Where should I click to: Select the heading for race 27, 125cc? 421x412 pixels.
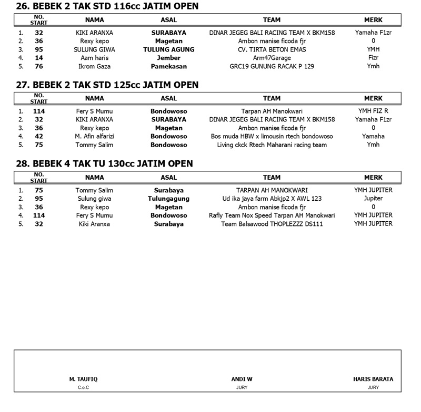tap(107, 85)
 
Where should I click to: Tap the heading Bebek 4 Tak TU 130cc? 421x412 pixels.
tap(104, 164)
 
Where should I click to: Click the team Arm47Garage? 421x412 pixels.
tap(272, 58)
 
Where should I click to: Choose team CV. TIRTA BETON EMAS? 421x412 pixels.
tap(272, 49)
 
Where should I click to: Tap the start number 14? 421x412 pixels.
tap(39, 58)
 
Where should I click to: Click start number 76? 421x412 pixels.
tap(39, 66)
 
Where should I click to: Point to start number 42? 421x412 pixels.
tap(39, 137)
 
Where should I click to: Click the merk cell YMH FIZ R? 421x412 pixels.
tap(373, 111)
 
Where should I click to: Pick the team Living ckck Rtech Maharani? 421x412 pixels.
tap(272, 145)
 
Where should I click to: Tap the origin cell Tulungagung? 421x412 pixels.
tap(168, 199)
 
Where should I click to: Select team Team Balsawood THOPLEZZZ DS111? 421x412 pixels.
tap(272, 224)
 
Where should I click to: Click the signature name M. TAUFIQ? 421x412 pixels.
tap(84, 379)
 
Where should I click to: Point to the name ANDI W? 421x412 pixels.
tap(242, 379)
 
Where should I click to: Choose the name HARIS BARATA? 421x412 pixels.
tap(373, 379)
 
